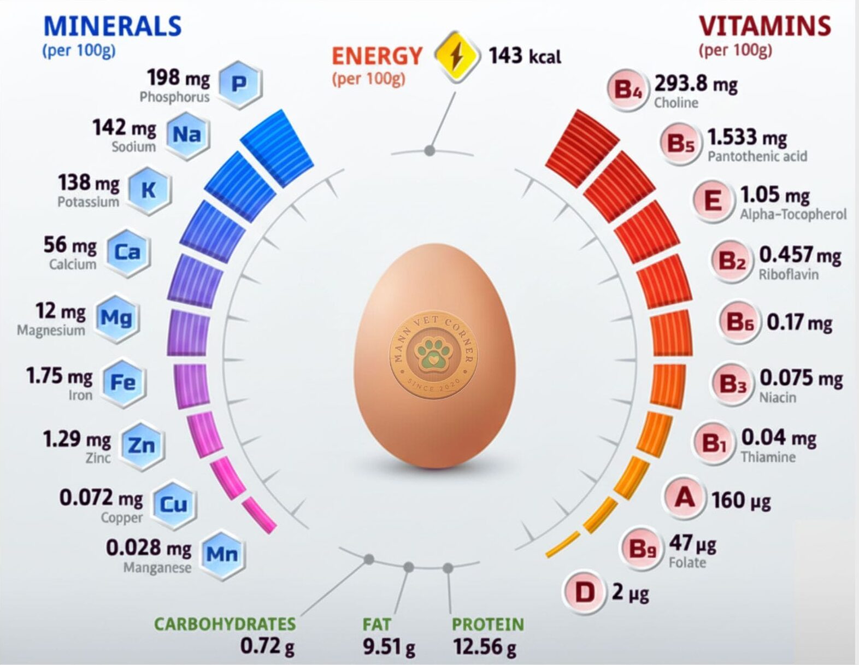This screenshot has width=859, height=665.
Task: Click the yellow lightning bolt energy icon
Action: [x=457, y=56]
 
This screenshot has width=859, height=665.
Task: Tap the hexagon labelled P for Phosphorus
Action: [x=239, y=84]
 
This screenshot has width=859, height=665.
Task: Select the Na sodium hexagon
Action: [x=187, y=134]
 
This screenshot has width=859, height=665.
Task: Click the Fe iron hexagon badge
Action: [x=122, y=382]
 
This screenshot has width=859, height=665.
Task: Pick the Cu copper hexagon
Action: [x=173, y=504]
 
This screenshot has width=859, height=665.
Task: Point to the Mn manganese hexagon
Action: [x=221, y=554]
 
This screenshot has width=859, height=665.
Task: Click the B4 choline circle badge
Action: [x=627, y=89]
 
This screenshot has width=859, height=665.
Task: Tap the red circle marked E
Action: [x=712, y=201]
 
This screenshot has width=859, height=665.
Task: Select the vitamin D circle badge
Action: [x=585, y=592]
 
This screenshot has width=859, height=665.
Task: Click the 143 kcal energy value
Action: [x=525, y=56]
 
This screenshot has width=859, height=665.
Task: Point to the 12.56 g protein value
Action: [x=484, y=646]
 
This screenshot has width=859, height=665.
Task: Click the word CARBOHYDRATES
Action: [x=225, y=624]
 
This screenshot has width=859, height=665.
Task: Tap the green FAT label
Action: [x=376, y=624]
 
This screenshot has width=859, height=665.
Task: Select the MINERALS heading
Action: [x=112, y=26]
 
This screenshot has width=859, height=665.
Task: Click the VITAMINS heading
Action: [x=764, y=26]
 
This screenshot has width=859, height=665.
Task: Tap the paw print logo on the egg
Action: [x=433, y=354]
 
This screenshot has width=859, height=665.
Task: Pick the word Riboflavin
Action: [x=788, y=274]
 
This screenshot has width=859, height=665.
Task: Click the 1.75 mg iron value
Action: [x=59, y=376]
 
